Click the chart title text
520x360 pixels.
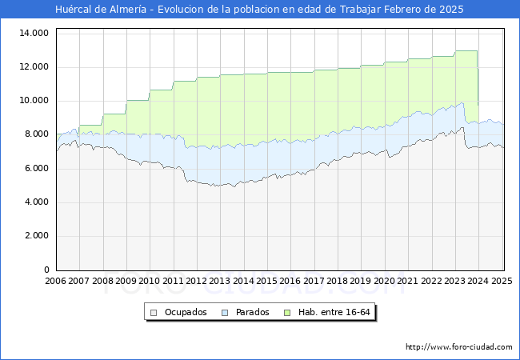point(259,10)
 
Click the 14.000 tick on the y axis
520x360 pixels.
point(34,33)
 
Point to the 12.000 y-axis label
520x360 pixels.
point(34,66)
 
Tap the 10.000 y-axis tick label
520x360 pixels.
point(34,101)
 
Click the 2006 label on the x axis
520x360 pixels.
point(56,281)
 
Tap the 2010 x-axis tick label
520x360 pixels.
point(150,281)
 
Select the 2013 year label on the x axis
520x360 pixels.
point(220,281)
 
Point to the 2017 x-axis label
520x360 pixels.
point(314,281)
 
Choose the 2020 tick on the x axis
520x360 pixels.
point(384,281)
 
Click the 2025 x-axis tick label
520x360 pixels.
point(501,281)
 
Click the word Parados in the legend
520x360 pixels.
point(252,312)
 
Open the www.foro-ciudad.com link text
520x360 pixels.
point(459,347)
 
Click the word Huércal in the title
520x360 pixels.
point(74,10)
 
